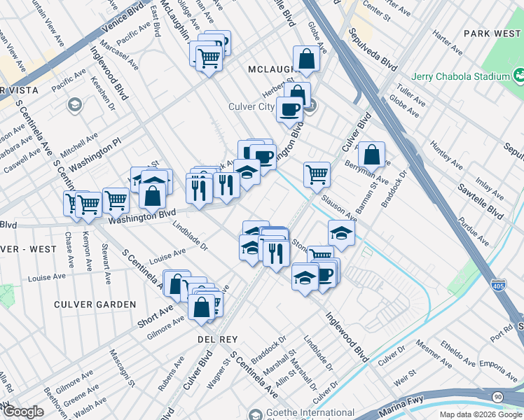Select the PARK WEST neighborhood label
(492, 33)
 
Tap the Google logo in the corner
(23, 412)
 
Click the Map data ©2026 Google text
(481, 414)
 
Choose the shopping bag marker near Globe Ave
(307, 59)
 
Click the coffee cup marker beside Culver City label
(289, 109)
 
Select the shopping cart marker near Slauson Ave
(317, 174)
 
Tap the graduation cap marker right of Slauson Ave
(341, 234)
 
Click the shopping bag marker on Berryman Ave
(372, 154)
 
